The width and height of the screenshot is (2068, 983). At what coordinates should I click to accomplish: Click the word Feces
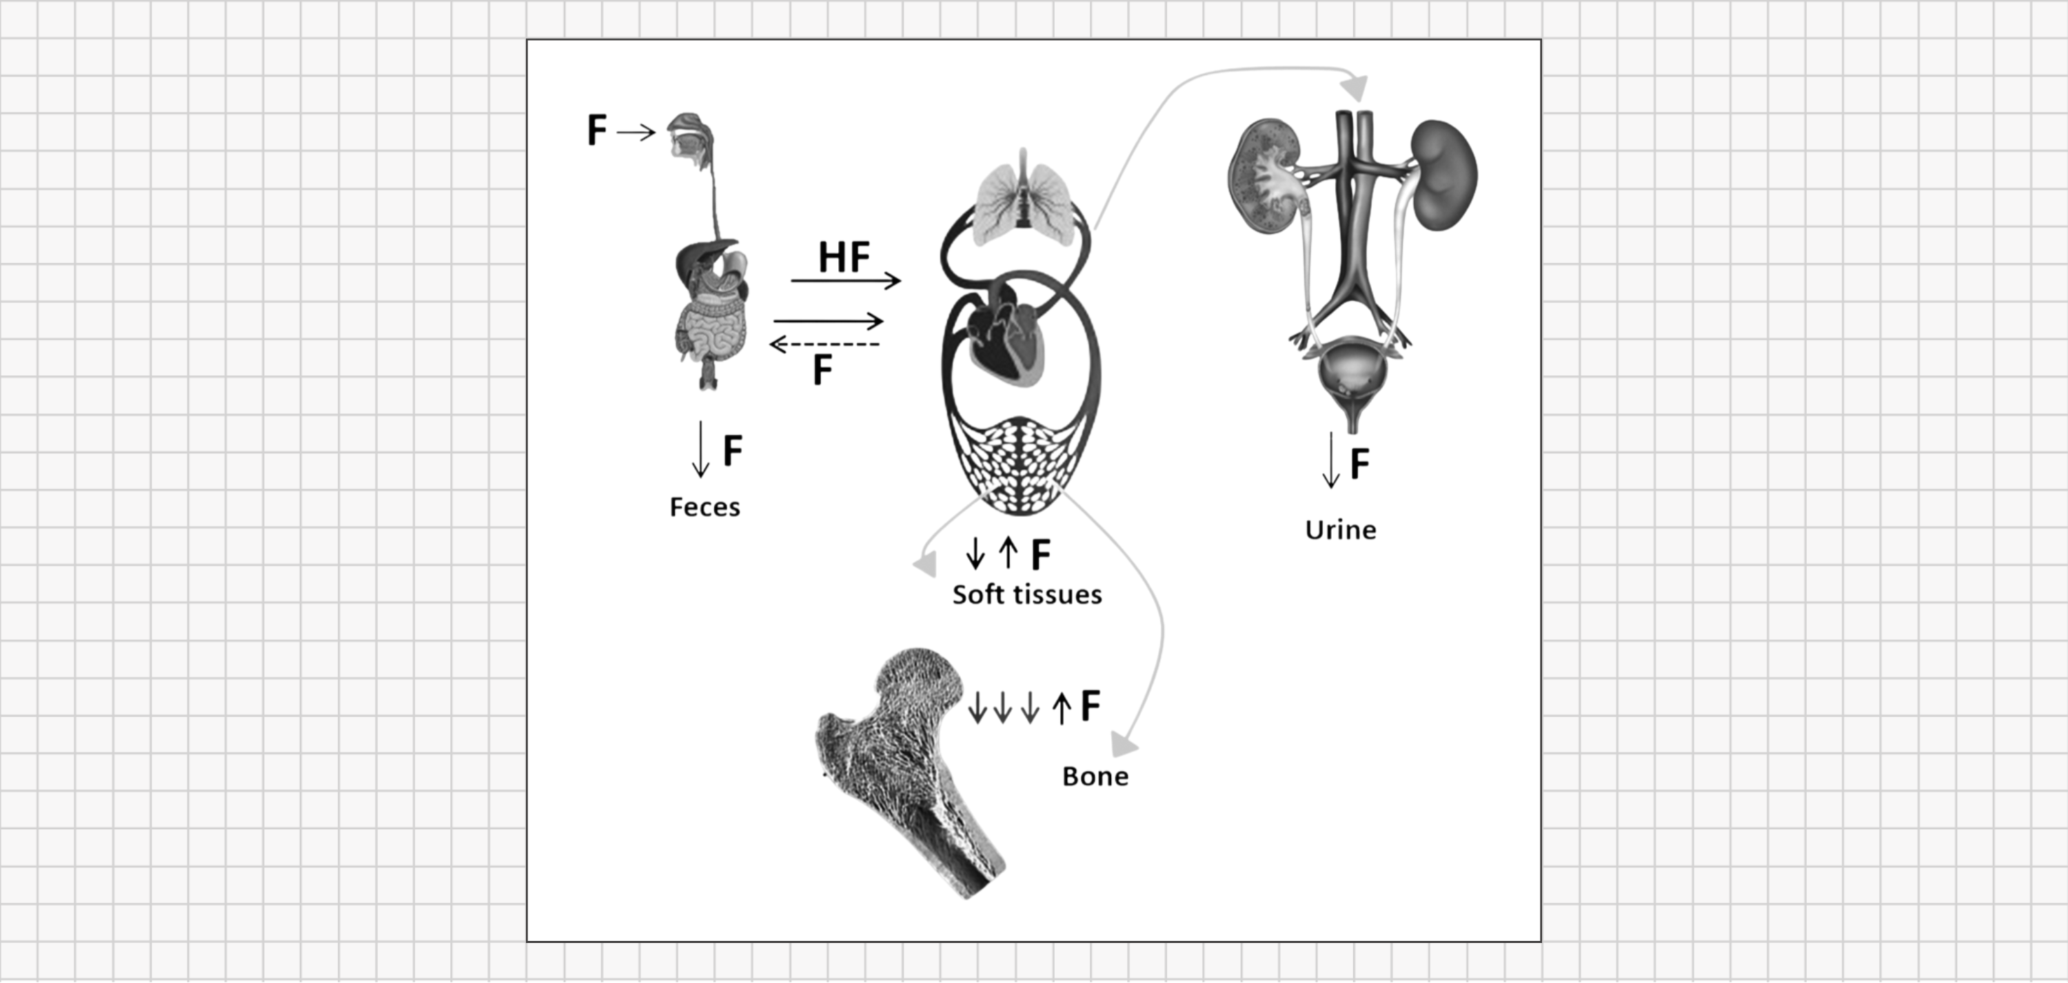point(705,507)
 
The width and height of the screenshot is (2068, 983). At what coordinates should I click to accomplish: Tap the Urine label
point(1340,530)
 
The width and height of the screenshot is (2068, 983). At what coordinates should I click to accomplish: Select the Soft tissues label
point(1027,595)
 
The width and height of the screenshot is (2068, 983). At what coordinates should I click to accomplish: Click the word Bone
point(1095,776)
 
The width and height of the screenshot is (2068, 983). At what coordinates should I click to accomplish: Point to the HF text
point(844,257)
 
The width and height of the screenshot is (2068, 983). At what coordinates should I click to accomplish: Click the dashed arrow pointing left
point(824,344)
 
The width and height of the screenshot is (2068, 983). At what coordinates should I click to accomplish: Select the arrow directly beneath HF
point(845,280)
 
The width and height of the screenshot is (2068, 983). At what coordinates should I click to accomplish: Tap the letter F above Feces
point(732,450)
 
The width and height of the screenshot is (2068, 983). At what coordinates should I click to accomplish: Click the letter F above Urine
point(1359,464)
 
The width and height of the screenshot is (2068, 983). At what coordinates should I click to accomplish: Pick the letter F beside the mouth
point(596,130)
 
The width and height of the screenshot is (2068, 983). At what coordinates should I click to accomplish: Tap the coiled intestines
point(713,330)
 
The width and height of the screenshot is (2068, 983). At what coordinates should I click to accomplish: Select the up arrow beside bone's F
point(1062,708)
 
